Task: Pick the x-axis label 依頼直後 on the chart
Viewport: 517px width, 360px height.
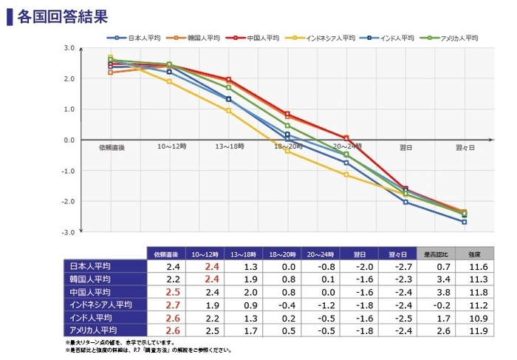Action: (x=112, y=147)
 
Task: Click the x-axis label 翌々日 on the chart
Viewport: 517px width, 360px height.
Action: (x=465, y=147)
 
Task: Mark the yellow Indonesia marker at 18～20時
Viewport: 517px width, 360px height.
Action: (x=287, y=151)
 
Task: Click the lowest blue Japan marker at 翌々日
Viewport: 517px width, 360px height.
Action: (x=464, y=222)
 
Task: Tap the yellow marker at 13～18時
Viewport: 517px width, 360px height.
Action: (x=228, y=111)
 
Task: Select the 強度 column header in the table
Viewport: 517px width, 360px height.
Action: (x=474, y=254)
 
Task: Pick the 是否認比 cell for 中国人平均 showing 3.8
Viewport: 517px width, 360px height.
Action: (x=435, y=292)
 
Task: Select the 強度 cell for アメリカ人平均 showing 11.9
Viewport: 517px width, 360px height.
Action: (x=474, y=330)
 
